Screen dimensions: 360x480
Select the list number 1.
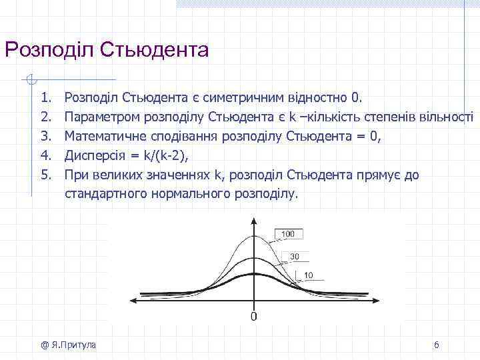click(46, 99)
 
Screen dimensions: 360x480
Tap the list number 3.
click(46, 137)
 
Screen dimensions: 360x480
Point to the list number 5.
click(46, 175)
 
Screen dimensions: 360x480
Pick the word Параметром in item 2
click(98, 118)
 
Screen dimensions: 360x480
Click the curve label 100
click(288, 234)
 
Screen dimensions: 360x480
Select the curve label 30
click(294, 256)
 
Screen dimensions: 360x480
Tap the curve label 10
click(309, 275)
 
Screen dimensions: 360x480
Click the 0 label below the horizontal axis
click(253, 315)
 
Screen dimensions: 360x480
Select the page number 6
click(436, 345)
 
